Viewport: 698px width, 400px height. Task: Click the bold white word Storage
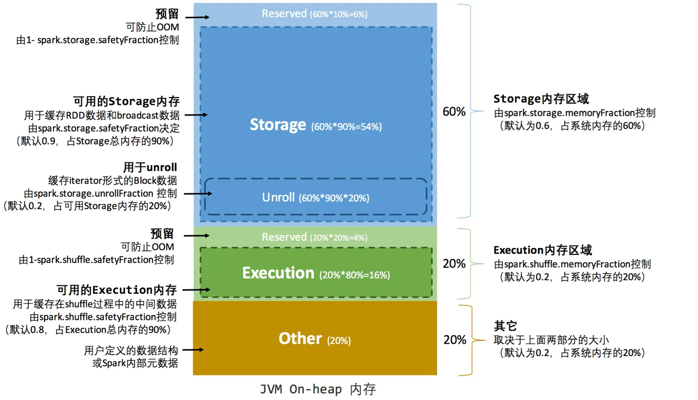tap(278, 125)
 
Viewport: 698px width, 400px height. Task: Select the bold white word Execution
tap(278, 273)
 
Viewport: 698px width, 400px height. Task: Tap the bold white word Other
tap(300, 339)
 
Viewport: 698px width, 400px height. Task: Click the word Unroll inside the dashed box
tap(279, 197)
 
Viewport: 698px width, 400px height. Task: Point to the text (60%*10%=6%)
tap(339, 14)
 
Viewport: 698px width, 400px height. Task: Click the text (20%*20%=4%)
tap(339, 238)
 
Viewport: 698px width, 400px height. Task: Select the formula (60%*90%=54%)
tap(346, 127)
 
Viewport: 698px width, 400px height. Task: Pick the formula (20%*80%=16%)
tap(354, 275)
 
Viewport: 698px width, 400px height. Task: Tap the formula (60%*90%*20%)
tap(334, 198)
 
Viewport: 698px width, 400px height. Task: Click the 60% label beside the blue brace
tap(454, 112)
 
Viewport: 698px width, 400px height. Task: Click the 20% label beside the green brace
tap(454, 264)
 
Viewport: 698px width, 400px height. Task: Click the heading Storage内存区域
tap(541, 99)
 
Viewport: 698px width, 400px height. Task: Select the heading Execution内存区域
tap(542, 250)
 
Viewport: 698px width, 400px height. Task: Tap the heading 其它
tap(505, 326)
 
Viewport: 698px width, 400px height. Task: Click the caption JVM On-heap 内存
tap(318, 389)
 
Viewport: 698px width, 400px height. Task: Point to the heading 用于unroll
tap(150, 167)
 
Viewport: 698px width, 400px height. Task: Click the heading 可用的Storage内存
tap(126, 102)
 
